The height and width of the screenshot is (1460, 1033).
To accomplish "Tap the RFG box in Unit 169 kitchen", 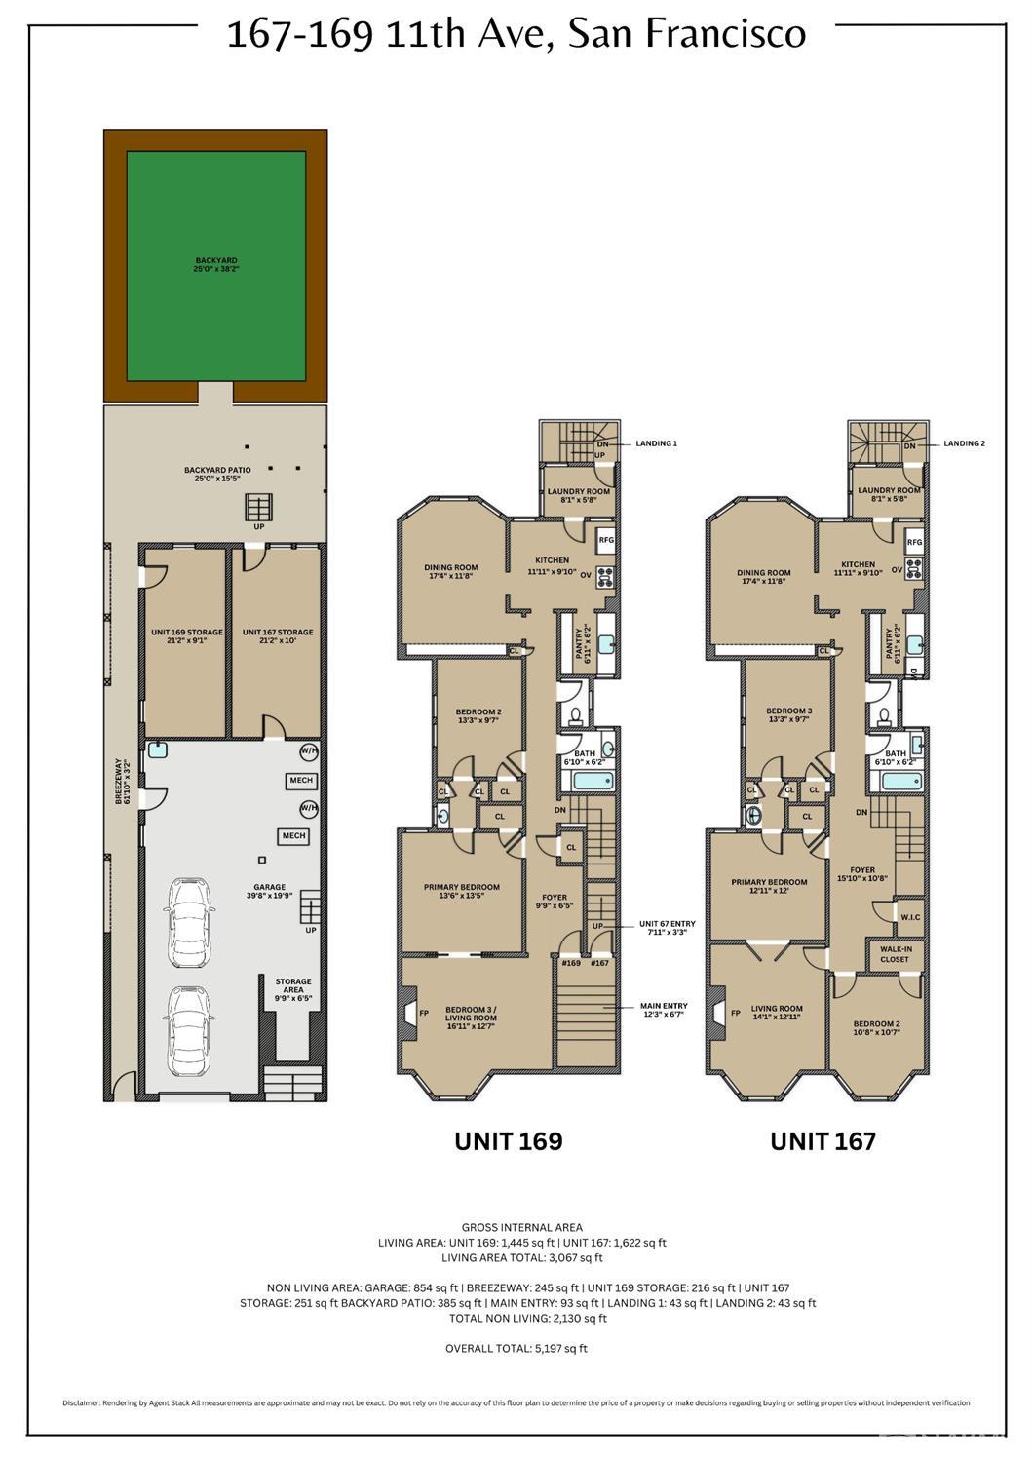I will coord(605,539).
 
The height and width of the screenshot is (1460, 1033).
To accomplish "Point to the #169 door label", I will coord(571,963).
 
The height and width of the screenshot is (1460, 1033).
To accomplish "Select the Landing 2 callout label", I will coord(964,443).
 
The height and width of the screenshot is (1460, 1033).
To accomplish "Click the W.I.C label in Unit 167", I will coord(910,916).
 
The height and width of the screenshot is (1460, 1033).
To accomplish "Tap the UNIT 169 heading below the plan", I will coord(508,1141).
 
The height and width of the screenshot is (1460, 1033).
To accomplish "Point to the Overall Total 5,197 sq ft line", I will coord(516,1349).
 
